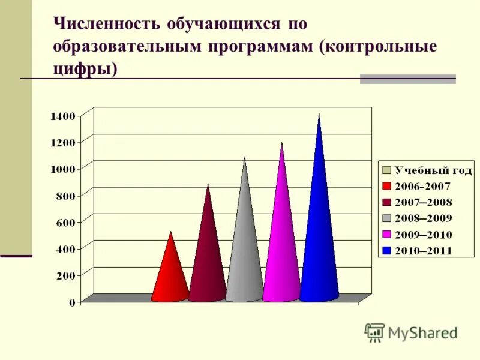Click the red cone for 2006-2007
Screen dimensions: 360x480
[170, 273]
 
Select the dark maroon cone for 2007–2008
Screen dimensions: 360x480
[208, 252]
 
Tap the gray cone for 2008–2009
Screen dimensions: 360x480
[244, 240]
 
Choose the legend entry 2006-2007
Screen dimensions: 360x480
[423, 187]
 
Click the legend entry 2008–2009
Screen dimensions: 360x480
[423, 218]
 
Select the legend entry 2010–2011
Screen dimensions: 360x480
[423, 251]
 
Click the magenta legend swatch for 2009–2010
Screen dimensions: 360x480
[387, 235]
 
